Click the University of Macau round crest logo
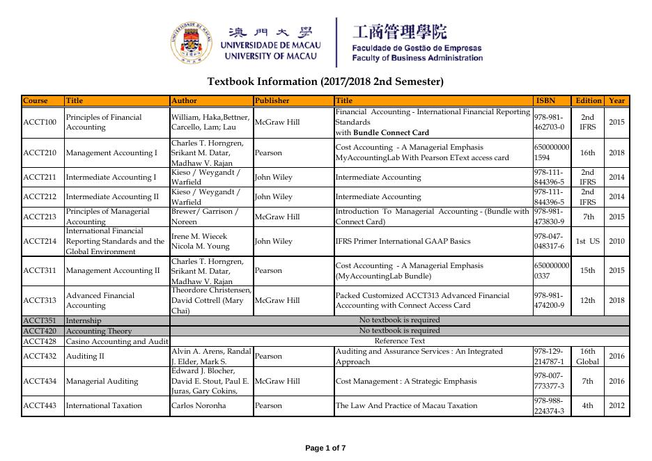(190, 42)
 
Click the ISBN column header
(545, 100)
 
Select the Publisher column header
(272, 100)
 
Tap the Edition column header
(589, 100)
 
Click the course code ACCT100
(40, 123)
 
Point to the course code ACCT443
(40, 405)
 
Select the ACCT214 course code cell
(40, 242)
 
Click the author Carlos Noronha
(196, 405)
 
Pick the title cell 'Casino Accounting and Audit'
(117, 341)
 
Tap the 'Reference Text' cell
(399, 341)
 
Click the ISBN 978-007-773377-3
(549, 381)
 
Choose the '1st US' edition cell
(587, 242)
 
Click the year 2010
(616, 242)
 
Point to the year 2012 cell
(616, 405)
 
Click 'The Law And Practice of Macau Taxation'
(401, 405)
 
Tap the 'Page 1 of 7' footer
(325, 448)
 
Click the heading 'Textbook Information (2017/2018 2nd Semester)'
(325, 81)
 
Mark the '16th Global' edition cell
(587, 357)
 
